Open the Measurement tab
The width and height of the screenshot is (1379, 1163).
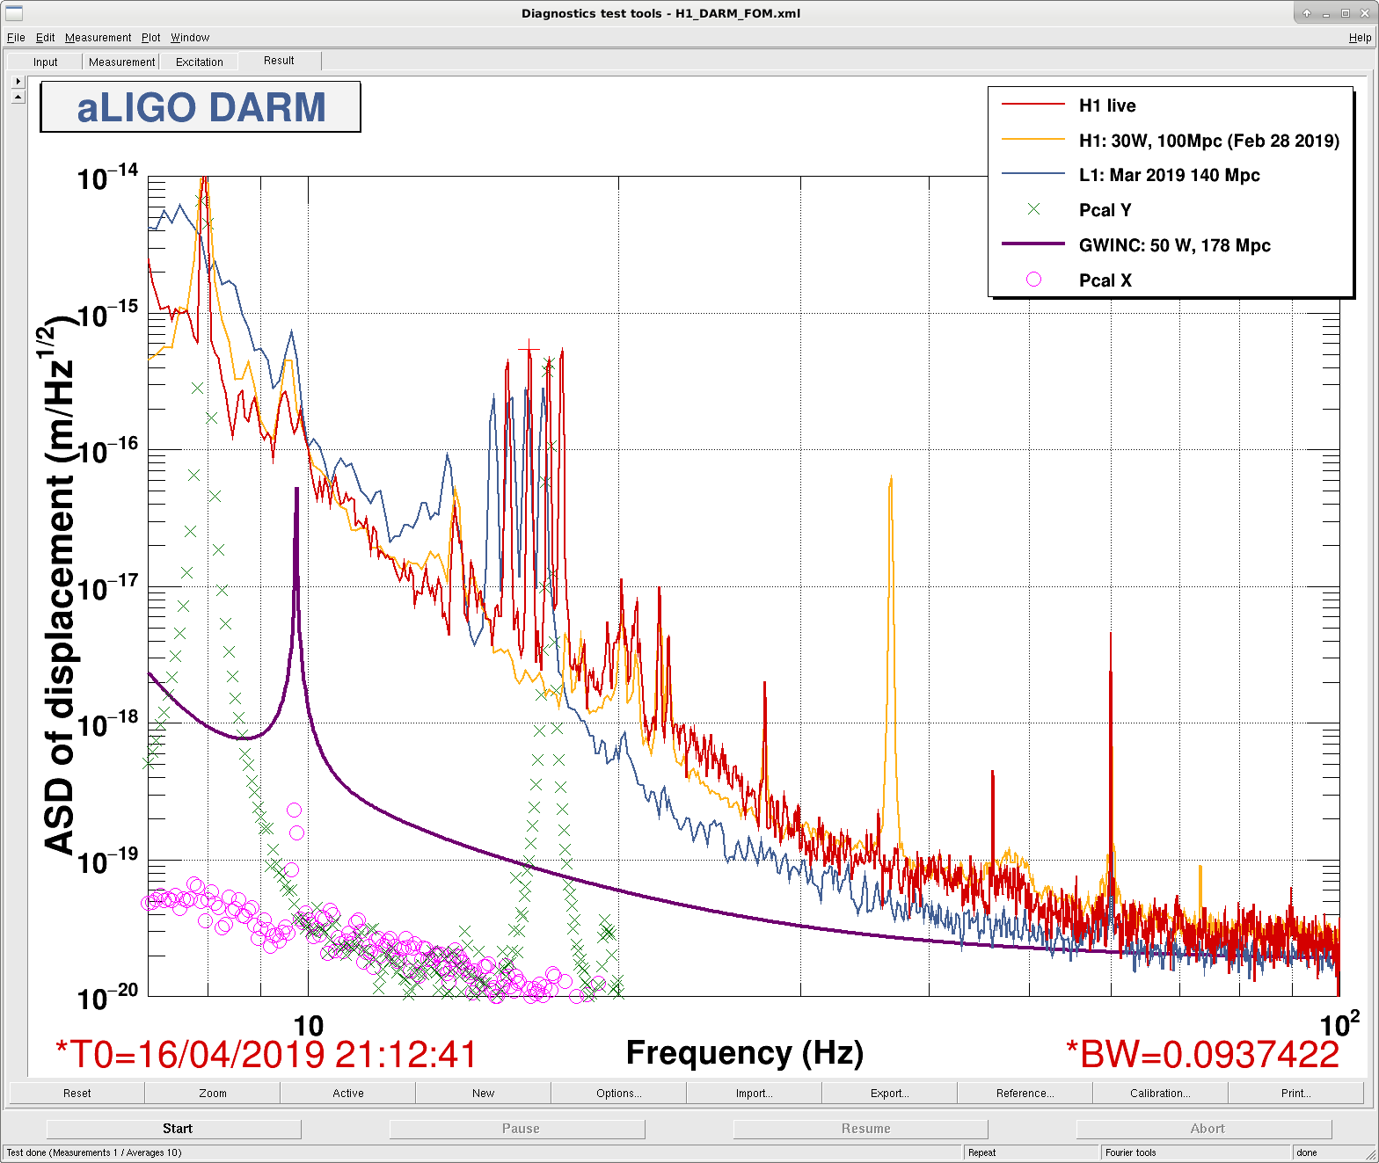[x=121, y=62]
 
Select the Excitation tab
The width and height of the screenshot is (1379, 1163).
[x=199, y=62]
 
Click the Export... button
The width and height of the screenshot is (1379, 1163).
[x=889, y=1093]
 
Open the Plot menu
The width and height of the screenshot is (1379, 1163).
[x=150, y=38]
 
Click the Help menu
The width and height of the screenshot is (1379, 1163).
[x=1359, y=38]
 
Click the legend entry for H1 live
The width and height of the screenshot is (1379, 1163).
[x=1107, y=105]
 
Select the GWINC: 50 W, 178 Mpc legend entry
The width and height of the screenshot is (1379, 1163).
[x=1174, y=245]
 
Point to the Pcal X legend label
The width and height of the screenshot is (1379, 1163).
[x=1105, y=280]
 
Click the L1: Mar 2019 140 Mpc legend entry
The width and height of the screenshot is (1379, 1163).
[x=1169, y=175]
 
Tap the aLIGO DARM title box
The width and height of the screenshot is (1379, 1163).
[x=201, y=107]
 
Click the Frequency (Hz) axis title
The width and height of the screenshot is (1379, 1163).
[x=744, y=1052]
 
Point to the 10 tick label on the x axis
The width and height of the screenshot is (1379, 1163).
[x=309, y=1026]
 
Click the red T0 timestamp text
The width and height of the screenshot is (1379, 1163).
[x=266, y=1054]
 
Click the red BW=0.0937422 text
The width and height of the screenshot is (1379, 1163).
[x=1202, y=1054]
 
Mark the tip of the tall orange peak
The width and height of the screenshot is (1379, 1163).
[x=891, y=476]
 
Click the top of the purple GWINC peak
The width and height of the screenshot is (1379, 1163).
[x=296, y=488]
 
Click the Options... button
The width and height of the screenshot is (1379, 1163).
[x=618, y=1093]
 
